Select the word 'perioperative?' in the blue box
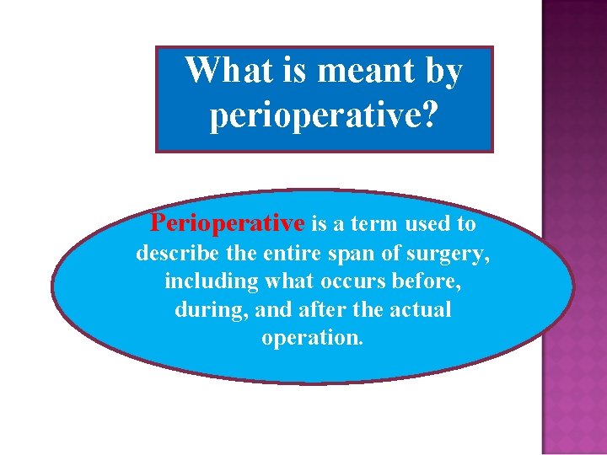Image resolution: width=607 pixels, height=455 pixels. [x=323, y=115]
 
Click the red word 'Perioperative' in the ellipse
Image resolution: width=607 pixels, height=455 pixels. [x=227, y=223]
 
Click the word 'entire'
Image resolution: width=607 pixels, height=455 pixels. [x=284, y=252]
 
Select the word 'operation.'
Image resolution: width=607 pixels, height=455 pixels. [x=313, y=338]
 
